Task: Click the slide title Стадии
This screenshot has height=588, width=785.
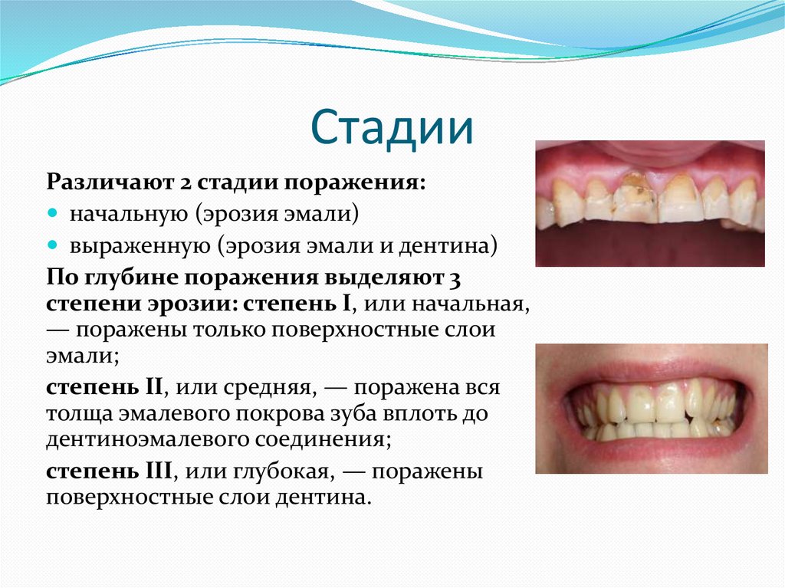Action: click(x=392, y=128)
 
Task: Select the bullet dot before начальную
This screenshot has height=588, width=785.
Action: click(x=53, y=213)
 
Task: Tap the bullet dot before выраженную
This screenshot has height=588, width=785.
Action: click(x=53, y=246)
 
